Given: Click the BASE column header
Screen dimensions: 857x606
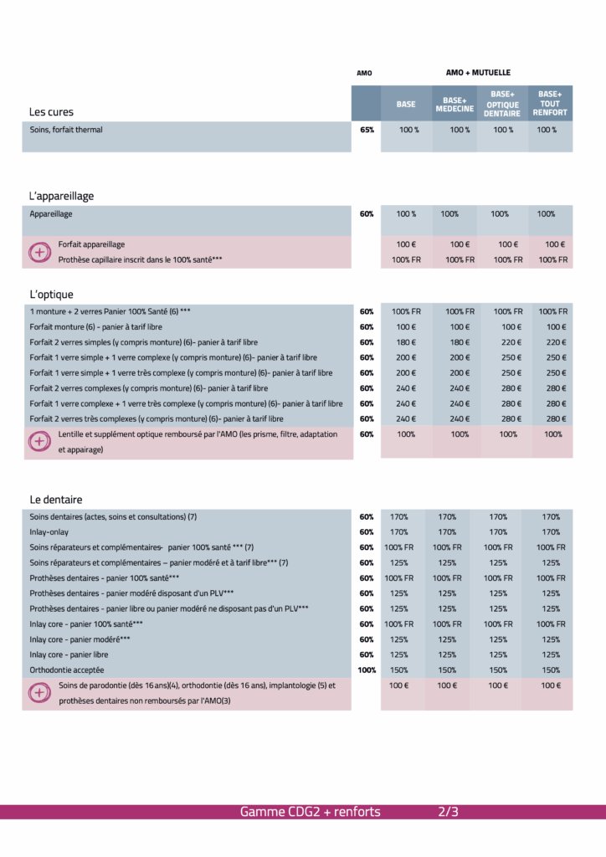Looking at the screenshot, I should tap(406, 104).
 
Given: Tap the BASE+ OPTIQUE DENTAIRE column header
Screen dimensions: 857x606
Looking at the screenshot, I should tap(502, 104).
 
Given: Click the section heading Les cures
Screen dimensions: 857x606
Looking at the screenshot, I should tap(51, 111).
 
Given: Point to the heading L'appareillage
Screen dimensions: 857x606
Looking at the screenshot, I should tap(61, 196).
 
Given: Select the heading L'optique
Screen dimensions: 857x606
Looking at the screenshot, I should tap(51, 295).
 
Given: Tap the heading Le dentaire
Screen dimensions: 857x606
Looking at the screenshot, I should tap(55, 500).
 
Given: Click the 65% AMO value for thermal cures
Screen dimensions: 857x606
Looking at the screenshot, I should tap(367, 130).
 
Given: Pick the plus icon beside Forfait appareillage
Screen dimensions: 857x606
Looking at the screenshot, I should tap(39, 252).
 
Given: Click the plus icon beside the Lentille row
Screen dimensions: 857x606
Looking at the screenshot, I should tap(39, 442).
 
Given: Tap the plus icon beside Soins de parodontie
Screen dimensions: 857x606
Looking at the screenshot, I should tap(39, 693).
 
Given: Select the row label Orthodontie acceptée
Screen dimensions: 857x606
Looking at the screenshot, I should tap(69, 670).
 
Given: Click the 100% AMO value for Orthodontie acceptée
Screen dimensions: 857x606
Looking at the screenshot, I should tap(367, 670).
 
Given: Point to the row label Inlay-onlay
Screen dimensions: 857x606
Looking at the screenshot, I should tap(50, 532).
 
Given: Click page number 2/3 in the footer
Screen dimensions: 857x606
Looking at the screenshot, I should tap(449, 812).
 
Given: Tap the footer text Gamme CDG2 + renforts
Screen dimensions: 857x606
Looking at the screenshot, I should tap(310, 812).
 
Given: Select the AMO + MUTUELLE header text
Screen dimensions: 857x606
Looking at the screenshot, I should tap(478, 73).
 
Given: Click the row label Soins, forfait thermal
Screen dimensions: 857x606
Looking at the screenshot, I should tap(66, 130).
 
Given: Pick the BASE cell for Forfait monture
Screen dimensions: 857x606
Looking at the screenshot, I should tap(406, 327).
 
